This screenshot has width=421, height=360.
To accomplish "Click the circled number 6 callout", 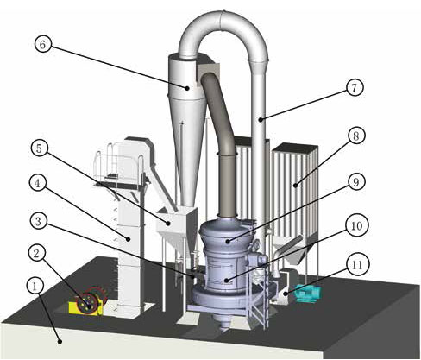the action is coord(42,45).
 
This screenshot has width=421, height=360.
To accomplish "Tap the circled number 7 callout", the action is coord(354,87).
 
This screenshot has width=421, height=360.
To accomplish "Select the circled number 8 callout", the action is coord(356,136).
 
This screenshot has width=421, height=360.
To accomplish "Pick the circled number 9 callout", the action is coord(356,182).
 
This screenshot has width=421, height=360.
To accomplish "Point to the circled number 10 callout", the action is coord(356,225).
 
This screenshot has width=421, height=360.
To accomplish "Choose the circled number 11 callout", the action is coord(357,265).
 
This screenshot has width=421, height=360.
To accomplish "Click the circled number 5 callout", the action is coord(39,148).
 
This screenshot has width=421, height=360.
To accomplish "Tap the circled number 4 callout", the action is coord(38,184).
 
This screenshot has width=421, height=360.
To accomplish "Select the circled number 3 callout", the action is coord(38,221).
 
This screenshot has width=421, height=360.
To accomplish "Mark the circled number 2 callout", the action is coord(36,254).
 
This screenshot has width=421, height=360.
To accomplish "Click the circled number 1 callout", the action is coord(35,286).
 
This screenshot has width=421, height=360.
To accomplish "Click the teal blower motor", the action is coord(307,294).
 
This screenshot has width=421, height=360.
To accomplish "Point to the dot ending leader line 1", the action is coord(60,342).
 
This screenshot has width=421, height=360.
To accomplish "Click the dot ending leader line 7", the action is coord(260,120).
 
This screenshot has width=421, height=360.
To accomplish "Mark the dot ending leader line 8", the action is coord(295,186).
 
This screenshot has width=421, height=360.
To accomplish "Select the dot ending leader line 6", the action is coord(187,88).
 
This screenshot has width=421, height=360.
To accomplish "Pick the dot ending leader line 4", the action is coord(129,238).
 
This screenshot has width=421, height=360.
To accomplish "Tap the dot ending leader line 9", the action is coord(228,241).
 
